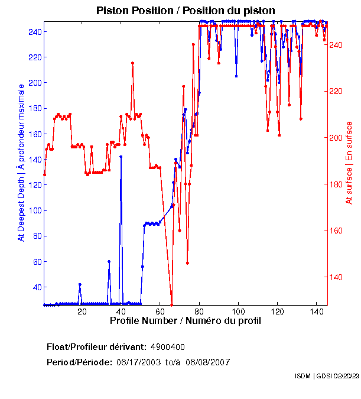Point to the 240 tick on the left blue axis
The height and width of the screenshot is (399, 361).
coord(33,31)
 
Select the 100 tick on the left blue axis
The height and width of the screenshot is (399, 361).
coord(33,210)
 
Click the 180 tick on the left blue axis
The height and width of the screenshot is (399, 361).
coord(33,108)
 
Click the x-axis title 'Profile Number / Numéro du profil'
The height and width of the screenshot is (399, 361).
coord(185,321)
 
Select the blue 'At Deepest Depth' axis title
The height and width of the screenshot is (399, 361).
coord(21,163)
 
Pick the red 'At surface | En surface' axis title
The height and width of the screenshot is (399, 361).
coord(349,163)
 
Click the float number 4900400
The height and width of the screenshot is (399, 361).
coord(171,346)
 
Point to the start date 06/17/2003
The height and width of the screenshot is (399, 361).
coord(138,362)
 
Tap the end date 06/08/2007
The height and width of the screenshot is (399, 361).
coord(207,362)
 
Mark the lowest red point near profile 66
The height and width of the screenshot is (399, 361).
coord(171,304)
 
